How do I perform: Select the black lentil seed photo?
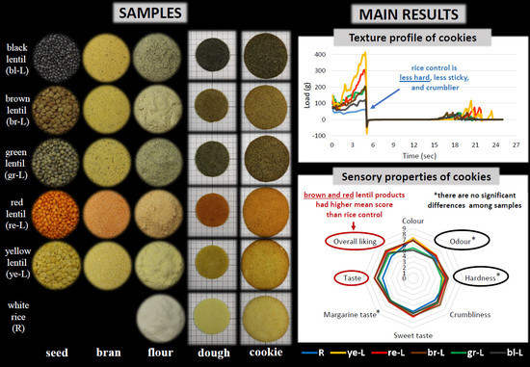55,61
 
